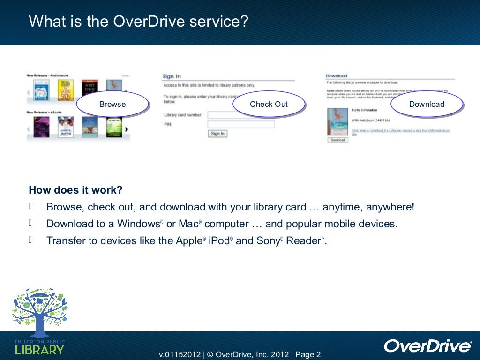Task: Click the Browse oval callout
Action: (x=112, y=104)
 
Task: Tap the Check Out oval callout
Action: (x=269, y=104)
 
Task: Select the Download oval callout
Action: (x=427, y=104)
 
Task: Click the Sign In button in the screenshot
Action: (x=217, y=134)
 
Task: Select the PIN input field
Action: (x=240, y=124)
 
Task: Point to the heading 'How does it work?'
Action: (x=75, y=190)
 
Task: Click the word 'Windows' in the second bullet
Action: (x=138, y=224)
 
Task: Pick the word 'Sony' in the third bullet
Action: (x=268, y=241)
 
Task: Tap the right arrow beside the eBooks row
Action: (x=127, y=130)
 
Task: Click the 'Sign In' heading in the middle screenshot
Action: (x=172, y=76)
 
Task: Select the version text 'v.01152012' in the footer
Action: (x=180, y=354)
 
